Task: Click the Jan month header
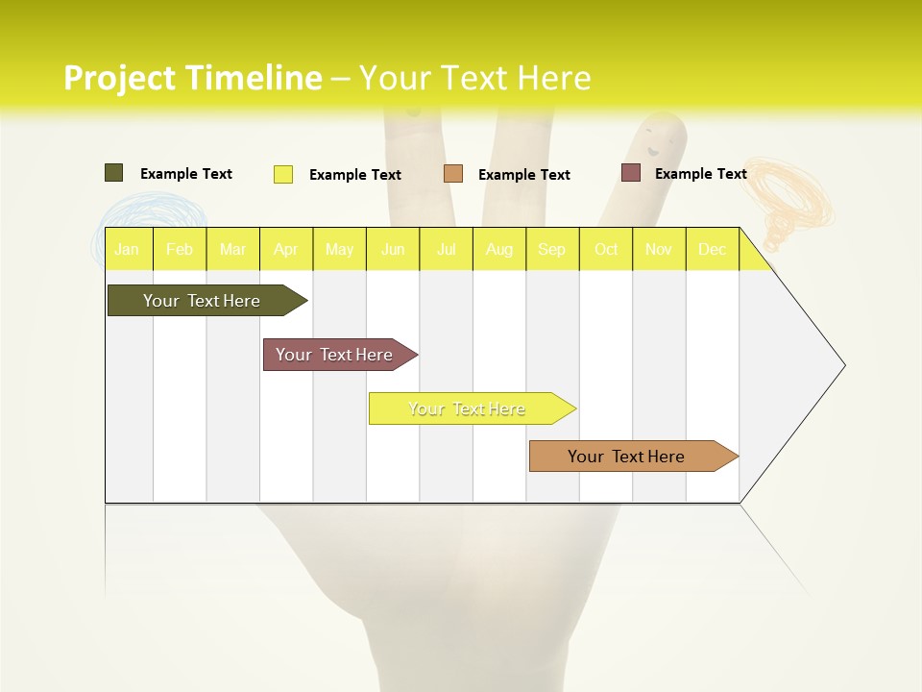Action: click(x=127, y=249)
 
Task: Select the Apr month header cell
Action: click(x=286, y=249)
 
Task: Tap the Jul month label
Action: click(x=446, y=249)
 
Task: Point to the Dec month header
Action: click(x=712, y=249)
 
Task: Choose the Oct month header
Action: click(x=606, y=249)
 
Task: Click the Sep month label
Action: click(x=551, y=249)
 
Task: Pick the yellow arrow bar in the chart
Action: click(x=468, y=408)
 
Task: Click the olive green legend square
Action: click(x=113, y=173)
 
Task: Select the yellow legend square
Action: click(x=283, y=174)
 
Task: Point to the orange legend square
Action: click(x=453, y=174)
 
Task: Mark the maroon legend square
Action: click(x=631, y=173)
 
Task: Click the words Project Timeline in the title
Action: click(x=192, y=78)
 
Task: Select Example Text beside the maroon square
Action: click(x=700, y=174)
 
